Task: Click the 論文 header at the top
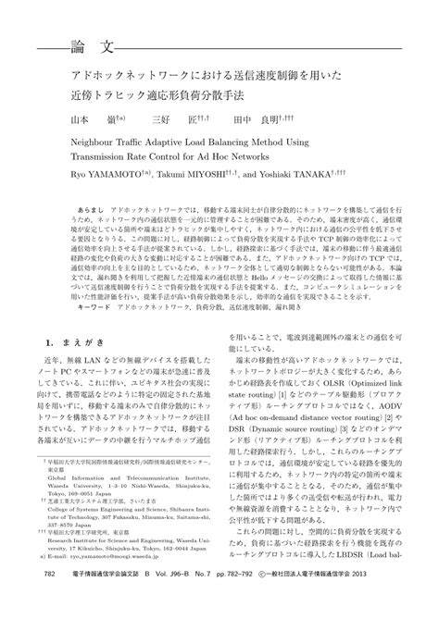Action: tap(92, 45)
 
